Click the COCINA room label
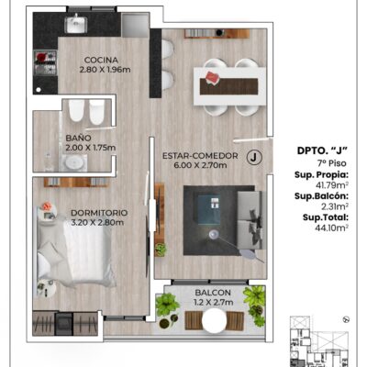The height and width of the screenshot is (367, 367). point(101,60)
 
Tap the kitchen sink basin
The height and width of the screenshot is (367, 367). point(76,25)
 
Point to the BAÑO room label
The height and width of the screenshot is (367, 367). point(78,139)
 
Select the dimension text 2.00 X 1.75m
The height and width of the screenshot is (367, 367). point(91,148)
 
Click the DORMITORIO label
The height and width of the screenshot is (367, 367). point(99,213)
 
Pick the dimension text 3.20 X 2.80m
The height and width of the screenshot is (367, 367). point(97,222)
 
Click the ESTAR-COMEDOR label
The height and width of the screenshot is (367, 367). point(200,156)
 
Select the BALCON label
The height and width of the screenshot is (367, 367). point(213,293)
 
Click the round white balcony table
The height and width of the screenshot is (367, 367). point(214,320)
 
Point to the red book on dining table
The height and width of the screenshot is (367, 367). point(212,77)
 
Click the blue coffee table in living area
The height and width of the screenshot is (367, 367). point(209,209)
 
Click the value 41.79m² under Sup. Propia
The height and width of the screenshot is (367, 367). point(333,185)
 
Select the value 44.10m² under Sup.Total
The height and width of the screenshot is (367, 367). point(331,228)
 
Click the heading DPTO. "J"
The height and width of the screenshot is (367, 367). point(322,150)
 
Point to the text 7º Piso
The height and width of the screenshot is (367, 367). point(332,163)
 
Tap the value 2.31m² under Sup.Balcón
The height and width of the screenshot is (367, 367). point(335,206)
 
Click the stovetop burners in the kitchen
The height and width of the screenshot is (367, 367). point(45,63)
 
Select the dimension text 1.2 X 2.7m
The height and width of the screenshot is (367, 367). point(214,303)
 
